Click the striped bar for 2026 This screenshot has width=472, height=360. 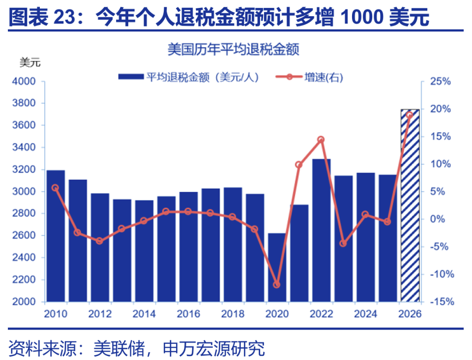(x=410, y=206)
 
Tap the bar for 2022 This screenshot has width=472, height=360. (x=321, y=230)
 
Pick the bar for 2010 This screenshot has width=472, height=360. (x=56, y=236)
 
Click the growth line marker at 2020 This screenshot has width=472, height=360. (x=277, y=285)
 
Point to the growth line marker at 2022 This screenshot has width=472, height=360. (x=321, y=140)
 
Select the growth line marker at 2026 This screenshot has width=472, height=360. (x=410, y=115)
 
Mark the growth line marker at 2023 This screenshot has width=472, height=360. (x=343, y=243)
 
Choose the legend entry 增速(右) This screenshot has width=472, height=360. (x=309, y=77)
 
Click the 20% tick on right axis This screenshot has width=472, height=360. (x=440, y=109)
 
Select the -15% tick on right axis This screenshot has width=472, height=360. (x=439, y=301)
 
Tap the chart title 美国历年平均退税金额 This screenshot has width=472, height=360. (x=234, y=50)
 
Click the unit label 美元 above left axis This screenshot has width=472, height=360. (x=29, y=63)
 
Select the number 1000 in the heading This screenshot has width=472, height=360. (x=361, y=18)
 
